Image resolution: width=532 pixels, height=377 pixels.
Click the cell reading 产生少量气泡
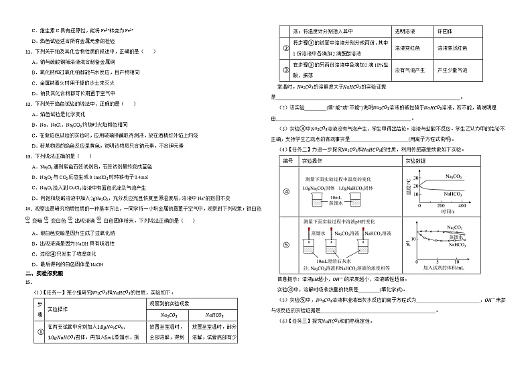tap(451, 69)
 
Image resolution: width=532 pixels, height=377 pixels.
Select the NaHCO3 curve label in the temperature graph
tap(456, 193)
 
